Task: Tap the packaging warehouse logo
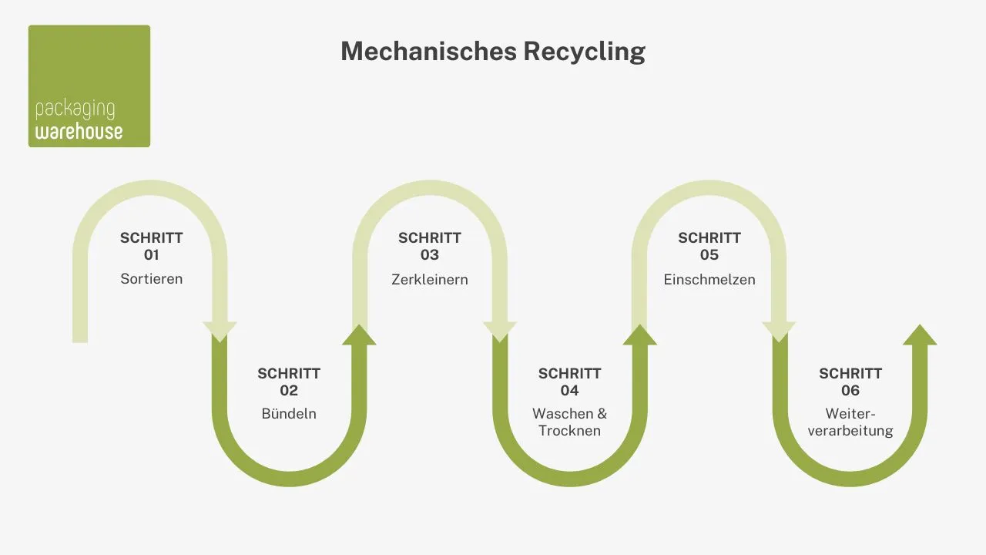[89, 86]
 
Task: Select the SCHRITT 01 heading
[152, 246]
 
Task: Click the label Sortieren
[152, 279]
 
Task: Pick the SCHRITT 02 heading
[289, 382]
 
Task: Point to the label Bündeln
[289, 414]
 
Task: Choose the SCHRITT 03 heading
[430, 246]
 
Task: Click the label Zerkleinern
[430, 279]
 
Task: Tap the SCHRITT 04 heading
[569, 382]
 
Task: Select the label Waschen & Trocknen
[569, 422]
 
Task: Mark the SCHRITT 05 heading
[709, 246]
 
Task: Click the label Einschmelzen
[709, 279]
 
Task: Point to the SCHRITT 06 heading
[850, 382]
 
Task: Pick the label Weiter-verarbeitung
[850, 422]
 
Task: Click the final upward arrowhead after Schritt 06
[920, 335]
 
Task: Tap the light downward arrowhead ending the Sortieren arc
[220, 331]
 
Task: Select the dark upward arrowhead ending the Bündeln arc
[359, 335]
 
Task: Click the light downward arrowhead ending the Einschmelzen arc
[779, 331]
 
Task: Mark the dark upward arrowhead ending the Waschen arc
[639, 335]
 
